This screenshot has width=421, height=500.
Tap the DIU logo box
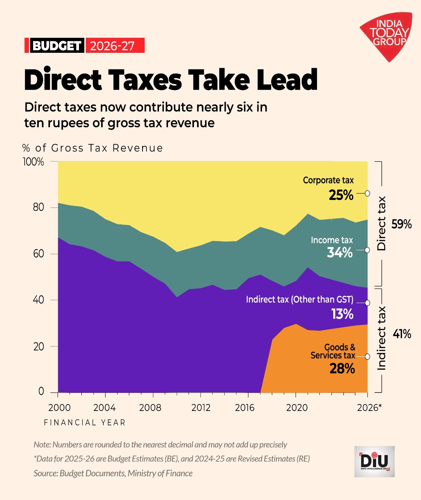(374, 462)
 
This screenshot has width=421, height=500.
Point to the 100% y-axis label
(33, 162)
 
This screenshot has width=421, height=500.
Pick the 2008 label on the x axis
(150, 408)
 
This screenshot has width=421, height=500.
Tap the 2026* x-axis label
(369, 408)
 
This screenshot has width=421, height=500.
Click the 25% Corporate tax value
(341, 195)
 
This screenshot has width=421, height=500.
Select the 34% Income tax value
(340, 252)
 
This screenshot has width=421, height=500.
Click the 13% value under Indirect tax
(342, 314)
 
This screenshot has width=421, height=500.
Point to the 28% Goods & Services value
(342, 369)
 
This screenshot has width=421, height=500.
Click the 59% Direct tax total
(402, 224)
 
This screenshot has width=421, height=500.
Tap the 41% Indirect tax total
(402, 334)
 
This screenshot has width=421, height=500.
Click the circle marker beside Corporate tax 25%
(368, 193)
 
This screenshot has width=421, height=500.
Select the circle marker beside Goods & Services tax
(368, 357)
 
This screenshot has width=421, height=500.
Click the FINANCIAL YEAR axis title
(85, 423)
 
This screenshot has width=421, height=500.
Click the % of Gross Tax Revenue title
(93, 148)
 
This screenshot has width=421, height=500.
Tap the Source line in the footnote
(113, 473)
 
